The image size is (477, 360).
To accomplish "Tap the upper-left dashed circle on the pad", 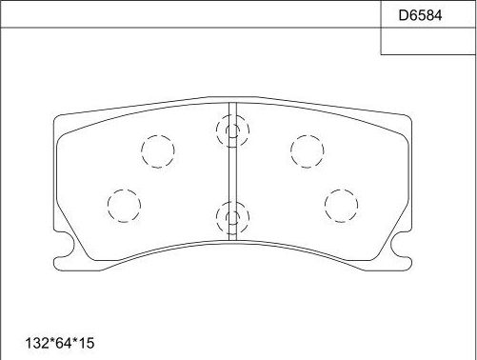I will (x=158, y=150).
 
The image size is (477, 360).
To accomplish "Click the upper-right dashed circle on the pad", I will (x=306, y=150).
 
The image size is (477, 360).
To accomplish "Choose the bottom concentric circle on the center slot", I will (x=230, y=219).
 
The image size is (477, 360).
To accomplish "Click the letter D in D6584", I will (x=401, y=14).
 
